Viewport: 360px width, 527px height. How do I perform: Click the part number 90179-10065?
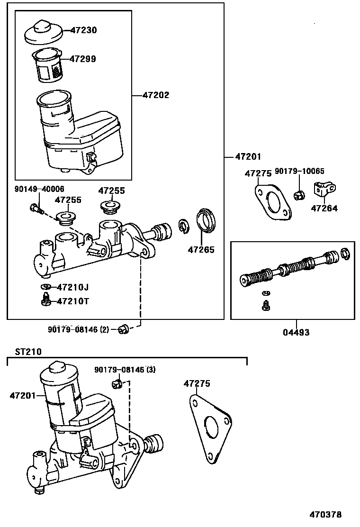(x=299, y=171)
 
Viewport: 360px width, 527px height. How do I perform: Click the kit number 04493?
(x=297, y=332)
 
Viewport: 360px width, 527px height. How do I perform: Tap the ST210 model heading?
(x=28, y=352)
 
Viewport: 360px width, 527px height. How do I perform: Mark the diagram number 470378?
(x=326, y=514)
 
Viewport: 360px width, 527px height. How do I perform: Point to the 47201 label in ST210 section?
(x=23, y=395)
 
